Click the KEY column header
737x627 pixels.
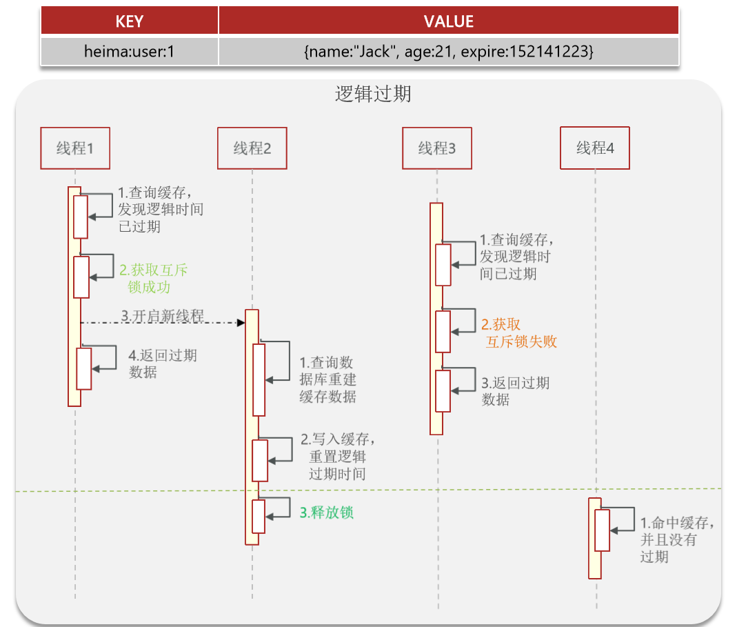pos(130,21)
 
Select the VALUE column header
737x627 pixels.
pos(448,21)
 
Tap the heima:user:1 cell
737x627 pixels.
pos(130,51)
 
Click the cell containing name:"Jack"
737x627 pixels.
pos(448,51)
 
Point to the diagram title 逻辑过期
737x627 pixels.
pos(373,94)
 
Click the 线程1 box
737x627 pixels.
pos(75,148)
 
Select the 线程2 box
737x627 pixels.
pos(252,148)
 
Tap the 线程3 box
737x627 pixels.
pos(437,148)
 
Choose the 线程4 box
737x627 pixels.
pos(595,148)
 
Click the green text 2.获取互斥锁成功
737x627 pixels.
pos(152,278)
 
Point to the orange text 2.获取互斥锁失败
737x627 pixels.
pos(518,332)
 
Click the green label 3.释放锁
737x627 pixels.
pos(327,512)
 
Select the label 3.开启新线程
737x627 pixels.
pos(163,316)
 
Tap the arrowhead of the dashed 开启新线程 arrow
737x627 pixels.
pos(241,322)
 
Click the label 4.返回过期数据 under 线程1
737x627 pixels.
pos(162,364)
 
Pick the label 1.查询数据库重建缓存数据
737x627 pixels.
pos(327,379)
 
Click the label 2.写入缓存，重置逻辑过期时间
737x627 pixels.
pos(337,456)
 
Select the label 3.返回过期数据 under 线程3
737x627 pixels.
pos(515,391)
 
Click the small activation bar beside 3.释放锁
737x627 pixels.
pos(259,517)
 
